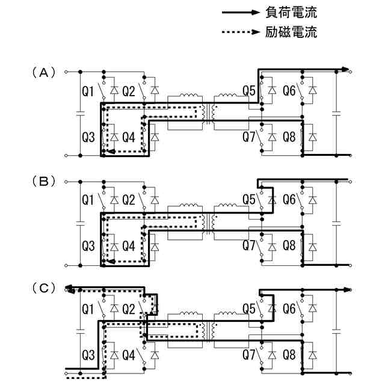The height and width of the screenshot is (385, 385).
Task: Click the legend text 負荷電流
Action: click(x=291, y=12)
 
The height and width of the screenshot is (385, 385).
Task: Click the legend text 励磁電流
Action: click(x=291, y=32)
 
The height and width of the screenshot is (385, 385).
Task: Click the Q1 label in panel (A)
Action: click(x=88, y=91)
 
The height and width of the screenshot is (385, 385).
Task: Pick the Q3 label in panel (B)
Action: click(x=88, y=245)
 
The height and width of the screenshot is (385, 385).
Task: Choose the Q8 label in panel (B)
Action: click(x=289, y=245)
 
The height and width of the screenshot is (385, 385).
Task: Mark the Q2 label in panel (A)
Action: click(x=128, y=91)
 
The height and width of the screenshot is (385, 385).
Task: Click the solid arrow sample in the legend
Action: click(x=241, y=12)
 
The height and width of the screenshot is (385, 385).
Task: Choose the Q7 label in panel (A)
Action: click(x=249, y=137)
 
